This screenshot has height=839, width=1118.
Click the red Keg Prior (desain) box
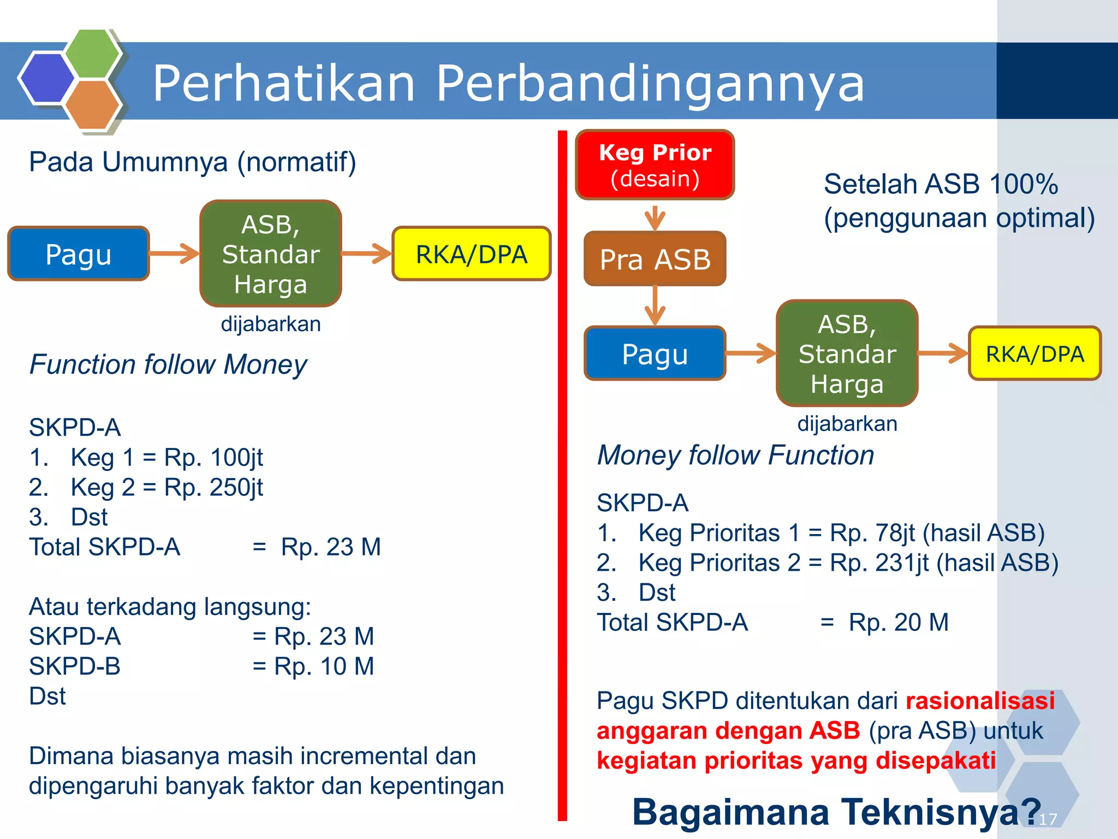pyautogui.click(x=655, y=165)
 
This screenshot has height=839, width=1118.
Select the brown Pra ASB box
pyautogui.click(x=655, y=259)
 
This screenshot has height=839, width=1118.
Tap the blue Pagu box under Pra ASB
pyautogui.click(x=655, y=354)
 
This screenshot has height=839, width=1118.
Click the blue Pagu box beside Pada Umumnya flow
pyautogui.click(x=79, y=254)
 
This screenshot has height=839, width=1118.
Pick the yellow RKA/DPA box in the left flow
pyautogui.click(x=471, y=254)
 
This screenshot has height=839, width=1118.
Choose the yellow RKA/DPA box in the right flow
pyautogui.click(x=1034, y=354)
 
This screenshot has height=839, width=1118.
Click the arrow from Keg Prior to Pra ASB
pyautogui.click(x=655, y=217)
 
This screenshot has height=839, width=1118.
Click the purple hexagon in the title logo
pyautogui.click(x=47, y=78)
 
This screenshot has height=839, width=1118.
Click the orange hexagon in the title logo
pyautogui.click(x=92, y=105)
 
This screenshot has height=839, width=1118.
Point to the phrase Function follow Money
pyautogui.click(x=168, y=364)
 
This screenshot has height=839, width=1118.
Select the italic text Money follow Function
pyautogui.click(x=735, y=455)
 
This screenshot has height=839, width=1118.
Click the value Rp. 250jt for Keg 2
pyautogui.click(x=213, y=487)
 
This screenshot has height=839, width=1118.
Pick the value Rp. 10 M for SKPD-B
pyautogui.click(x=324, y=666)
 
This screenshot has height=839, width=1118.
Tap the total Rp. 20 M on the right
pyautogui.click(x=898, y=622)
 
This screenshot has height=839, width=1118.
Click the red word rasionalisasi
pyautogui.click(x=980, y=701)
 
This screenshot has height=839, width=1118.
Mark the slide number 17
pyautogui.click(x=1048, y=819)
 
